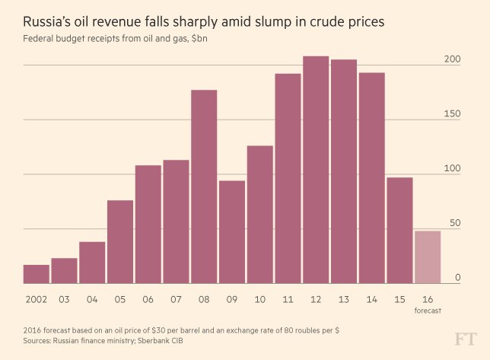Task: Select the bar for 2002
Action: pyautogui.click(x=37, y=274)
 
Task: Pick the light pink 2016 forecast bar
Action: pyautogui.click(x=428, y=257)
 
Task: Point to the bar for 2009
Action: pyautogui.click(x=232, y=232)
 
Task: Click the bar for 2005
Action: pyautogui.click(x=120, y=242)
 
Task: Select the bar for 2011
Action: pyautogui.click(x=288, y=179)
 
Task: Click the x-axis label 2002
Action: pyautogui.click(x=37, y=298)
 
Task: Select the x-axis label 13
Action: pyautogui.click(x=344, y=298)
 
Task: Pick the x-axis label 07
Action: pyautogui.click(x=176, y=298)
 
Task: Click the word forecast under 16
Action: pyautogui.click(x=428, y=311)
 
